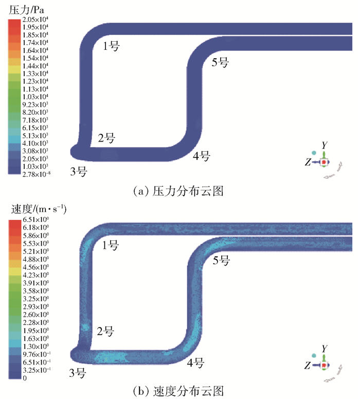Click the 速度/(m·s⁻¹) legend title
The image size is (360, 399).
pyautogui.click(x=39, y=211)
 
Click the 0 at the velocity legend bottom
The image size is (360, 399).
pyautogui.click(x=25, y=378)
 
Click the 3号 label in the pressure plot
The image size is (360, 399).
pyautogui.click(x=78, y=172)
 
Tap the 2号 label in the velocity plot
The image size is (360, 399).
pyautogui.click(x=105, y=330)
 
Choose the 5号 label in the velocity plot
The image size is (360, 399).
pyautogui.click(x=221, y=261)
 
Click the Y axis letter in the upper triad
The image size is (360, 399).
pyautogui.click(x=324, y=146)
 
